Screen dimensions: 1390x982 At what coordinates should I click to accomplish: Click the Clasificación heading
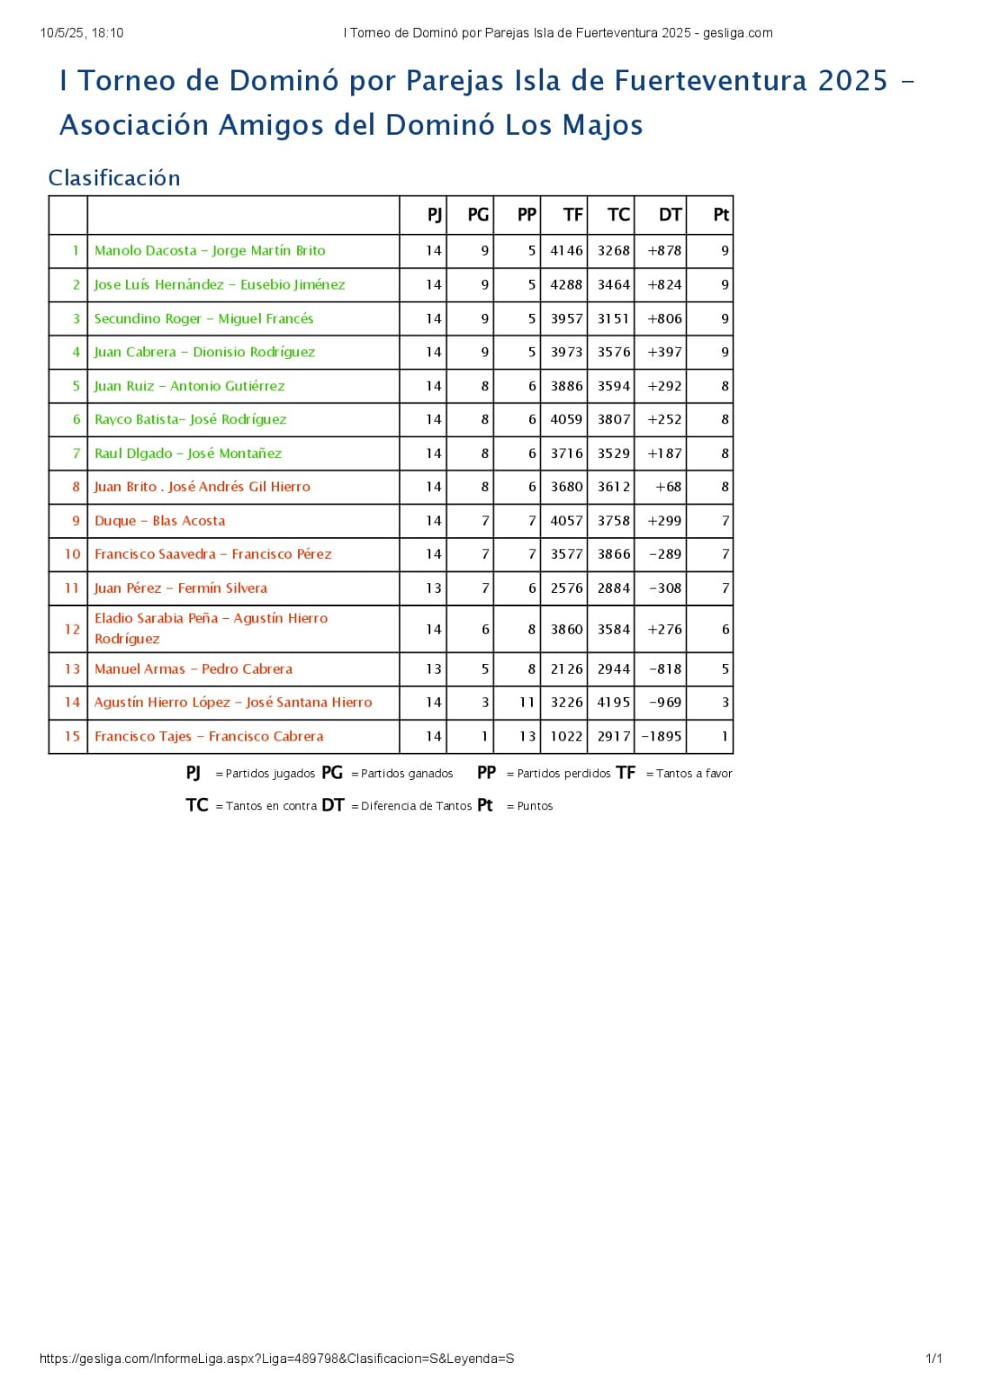click(114, 178)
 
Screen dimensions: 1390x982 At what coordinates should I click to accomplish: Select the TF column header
click(573, 215)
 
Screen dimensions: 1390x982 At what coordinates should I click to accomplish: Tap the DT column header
click(669, 215)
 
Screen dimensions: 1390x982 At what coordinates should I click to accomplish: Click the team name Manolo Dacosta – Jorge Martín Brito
click(209, 250)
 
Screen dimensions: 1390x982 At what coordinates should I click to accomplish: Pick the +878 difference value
click(665, 250)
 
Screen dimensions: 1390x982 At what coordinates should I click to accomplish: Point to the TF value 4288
click(567, 284)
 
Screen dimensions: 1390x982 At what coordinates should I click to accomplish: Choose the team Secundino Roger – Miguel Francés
click(203, 318)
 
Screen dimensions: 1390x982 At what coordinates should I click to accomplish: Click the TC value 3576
click(614, 352)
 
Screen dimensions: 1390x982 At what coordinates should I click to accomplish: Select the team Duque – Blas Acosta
click(160, 521)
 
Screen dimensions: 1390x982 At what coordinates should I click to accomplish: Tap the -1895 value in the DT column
click(661, 736)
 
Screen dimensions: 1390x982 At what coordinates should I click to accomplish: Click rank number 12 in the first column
click(72, 628)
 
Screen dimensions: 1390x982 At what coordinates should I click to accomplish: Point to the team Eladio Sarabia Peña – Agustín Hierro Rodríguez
click(211, 628)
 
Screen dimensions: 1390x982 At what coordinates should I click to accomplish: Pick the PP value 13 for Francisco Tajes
click(527, 736)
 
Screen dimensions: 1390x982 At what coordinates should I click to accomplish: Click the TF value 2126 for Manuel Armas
click(567, 668)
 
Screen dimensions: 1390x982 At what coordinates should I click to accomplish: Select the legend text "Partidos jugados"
click(270, 774)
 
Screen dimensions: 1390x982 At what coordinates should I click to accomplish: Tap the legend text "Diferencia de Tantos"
click(416, 806)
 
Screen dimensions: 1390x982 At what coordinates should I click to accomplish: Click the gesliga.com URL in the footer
click(276, 1358)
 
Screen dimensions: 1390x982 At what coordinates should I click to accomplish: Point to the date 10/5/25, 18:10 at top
click(82, 33)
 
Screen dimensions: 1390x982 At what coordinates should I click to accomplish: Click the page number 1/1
click(933, 1358)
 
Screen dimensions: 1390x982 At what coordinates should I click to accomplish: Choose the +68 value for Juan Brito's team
click(668, 487)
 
